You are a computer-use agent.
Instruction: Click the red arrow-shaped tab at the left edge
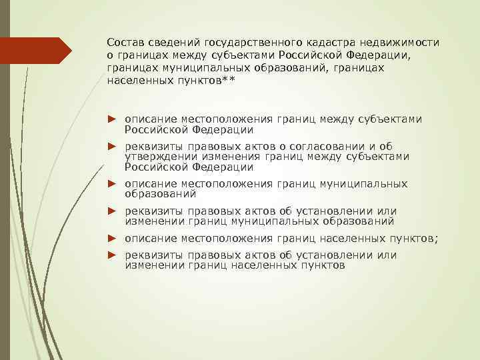coord(36,51)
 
